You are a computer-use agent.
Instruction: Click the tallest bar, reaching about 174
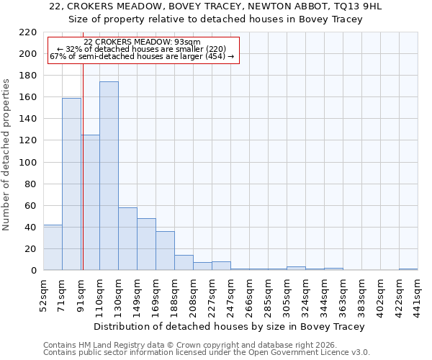tap(109, 176)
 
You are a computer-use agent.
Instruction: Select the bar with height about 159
tap(71, 184)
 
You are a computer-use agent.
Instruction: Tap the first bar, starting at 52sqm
tap(53, 248)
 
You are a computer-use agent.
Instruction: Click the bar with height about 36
tap(165, 251)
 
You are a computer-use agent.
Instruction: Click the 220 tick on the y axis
tap(28, 32)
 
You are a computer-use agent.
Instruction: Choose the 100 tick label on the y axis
tap(28, 163)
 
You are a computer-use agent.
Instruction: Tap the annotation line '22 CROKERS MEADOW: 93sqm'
tap(142, 42)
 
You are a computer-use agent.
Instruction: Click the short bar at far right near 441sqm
tap(408, 269)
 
